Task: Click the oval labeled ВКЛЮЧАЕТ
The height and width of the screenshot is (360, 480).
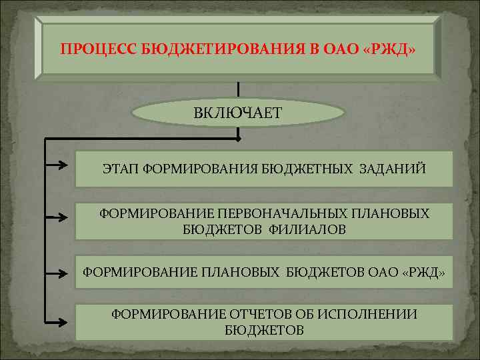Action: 238,112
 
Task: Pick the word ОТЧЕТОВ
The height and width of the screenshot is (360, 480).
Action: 259,314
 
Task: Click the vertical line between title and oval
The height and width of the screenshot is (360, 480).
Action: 238,89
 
